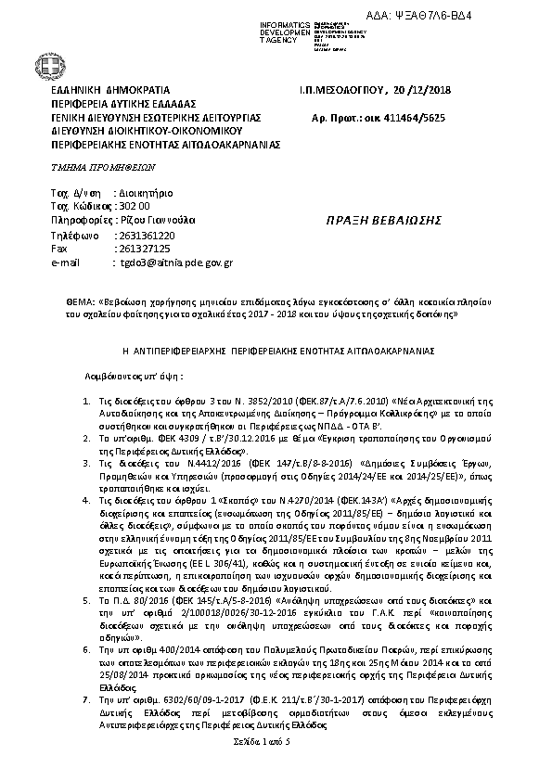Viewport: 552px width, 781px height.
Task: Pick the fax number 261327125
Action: coord(140,249)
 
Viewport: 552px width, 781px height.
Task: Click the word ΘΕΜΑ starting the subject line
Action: coord(81,302)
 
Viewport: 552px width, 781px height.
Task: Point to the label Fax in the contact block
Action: coord(58,249)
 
